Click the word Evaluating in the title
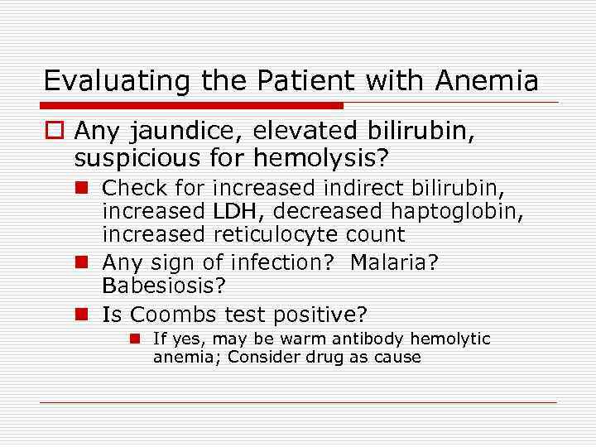(102, 81)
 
